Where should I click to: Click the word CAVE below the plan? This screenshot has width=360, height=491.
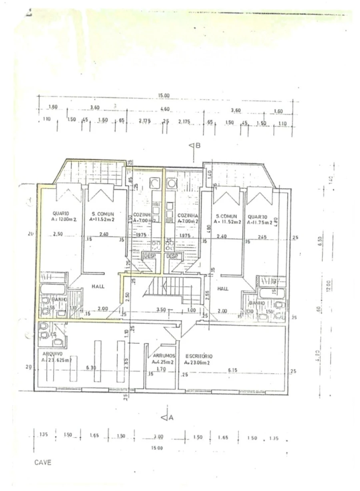[43, 463]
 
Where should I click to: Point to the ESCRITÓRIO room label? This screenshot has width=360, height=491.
[198, 356]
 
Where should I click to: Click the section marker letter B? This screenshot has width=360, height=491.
[197, 146]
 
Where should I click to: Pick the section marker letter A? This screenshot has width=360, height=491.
[171, 418]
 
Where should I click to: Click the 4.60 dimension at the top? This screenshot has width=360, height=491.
[165, 109]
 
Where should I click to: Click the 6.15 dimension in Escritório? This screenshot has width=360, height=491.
[232, 370]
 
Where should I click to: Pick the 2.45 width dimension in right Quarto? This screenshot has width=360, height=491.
[262, 237]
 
